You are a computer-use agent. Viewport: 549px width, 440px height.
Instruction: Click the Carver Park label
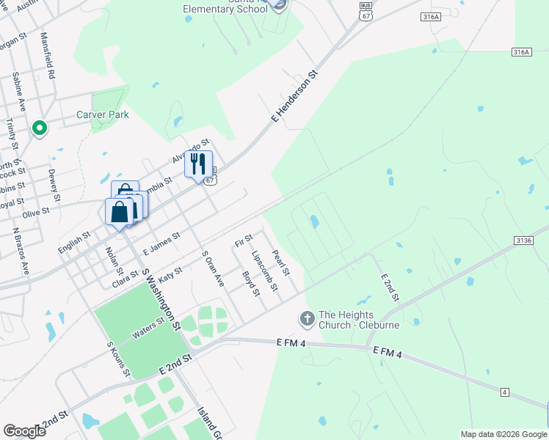pyautogui.click(x=103, y=114)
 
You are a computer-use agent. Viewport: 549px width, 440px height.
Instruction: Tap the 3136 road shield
pyautogui.click(x=523, y=241)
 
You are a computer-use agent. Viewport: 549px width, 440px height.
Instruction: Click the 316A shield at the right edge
pyautogui.click(x=520, y=51)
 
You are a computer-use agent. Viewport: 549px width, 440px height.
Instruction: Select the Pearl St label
pyautogui.click(x=281, y=263)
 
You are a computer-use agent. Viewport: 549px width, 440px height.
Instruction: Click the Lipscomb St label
pyautogui.click(x=263, y=271)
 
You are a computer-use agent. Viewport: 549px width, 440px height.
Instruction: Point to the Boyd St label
pyautogui.click(x=251, y=284)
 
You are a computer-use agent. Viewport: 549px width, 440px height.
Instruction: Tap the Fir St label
pyautogui.click(x=243, y=239)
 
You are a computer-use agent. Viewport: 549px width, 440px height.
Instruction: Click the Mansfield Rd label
pyautogui.click(x=47, y=56)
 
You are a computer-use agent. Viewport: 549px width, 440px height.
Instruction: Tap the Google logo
pyautogui.click(x=24, y=431)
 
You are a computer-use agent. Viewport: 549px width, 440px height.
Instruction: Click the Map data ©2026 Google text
pyautogui.click(x=503, y=434)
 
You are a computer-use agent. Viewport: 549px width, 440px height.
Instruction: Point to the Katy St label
pyautogui.click(x=170, y=276)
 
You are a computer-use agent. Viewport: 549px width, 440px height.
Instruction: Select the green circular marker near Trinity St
pyautogui.click(x=40, y=130)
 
